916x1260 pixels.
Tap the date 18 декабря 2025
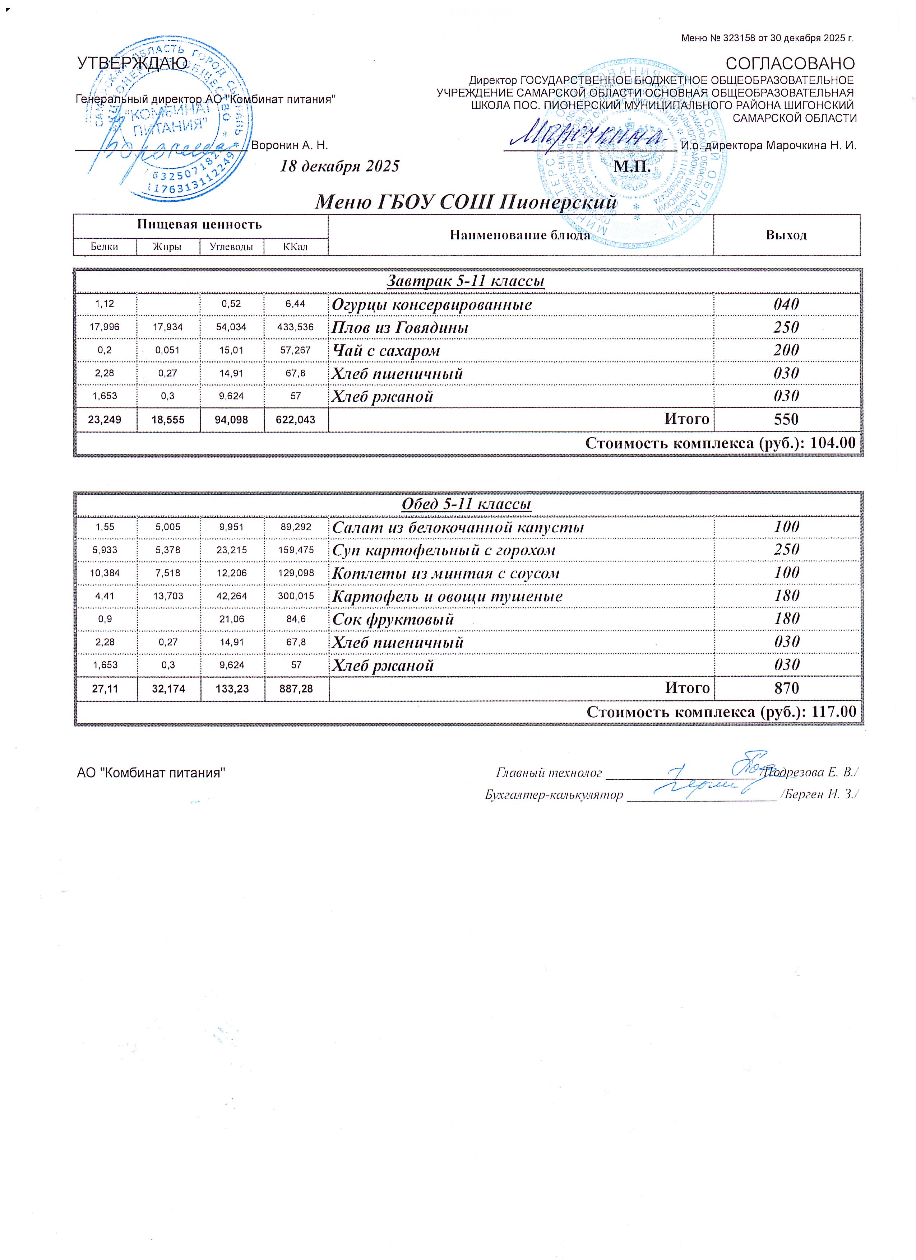click(x=339, y=167)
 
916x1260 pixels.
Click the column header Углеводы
click(x=231, y=247)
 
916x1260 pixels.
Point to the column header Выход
click(x=786, y=235)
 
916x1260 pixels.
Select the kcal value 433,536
click(x=295, y=327)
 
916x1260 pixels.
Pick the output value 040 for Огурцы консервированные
click(x=786, y=304)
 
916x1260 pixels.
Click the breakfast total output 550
click(x=786, y=419)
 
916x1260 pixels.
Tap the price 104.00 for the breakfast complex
click(x=833, y=443)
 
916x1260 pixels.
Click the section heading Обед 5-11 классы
click(x=466, y=504)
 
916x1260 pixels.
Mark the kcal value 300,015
click(x=296, y=597)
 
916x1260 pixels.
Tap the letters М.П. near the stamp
click(x=633, y=167)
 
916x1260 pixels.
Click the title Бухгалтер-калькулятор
click(x=554, y=795)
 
